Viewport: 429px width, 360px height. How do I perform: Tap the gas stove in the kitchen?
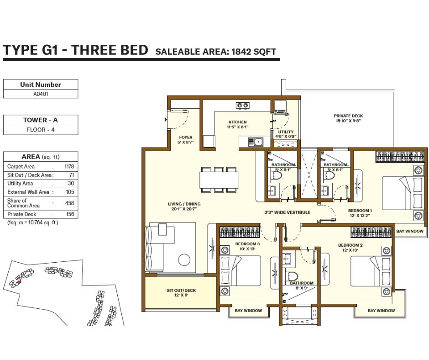pos(242,105)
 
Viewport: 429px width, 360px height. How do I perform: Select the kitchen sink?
pos(256,142)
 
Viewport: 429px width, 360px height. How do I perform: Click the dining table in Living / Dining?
pos(219,180)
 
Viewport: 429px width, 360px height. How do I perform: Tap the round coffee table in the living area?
pos(184,259)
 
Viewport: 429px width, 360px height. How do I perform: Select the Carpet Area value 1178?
pos(69,166)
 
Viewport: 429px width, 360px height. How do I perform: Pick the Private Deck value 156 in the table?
pos(70,214)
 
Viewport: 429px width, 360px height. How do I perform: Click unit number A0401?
pos(41,94)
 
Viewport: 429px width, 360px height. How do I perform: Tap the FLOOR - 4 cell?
pos(41,130)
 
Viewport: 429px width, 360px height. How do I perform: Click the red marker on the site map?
pos(19,281)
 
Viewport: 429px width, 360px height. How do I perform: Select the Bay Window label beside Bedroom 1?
pos(409,231)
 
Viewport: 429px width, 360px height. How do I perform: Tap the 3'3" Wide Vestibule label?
pos(287,212)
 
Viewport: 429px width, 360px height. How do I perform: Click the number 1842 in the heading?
pos(241,52)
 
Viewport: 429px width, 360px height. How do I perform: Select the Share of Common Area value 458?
pos(69,203)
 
